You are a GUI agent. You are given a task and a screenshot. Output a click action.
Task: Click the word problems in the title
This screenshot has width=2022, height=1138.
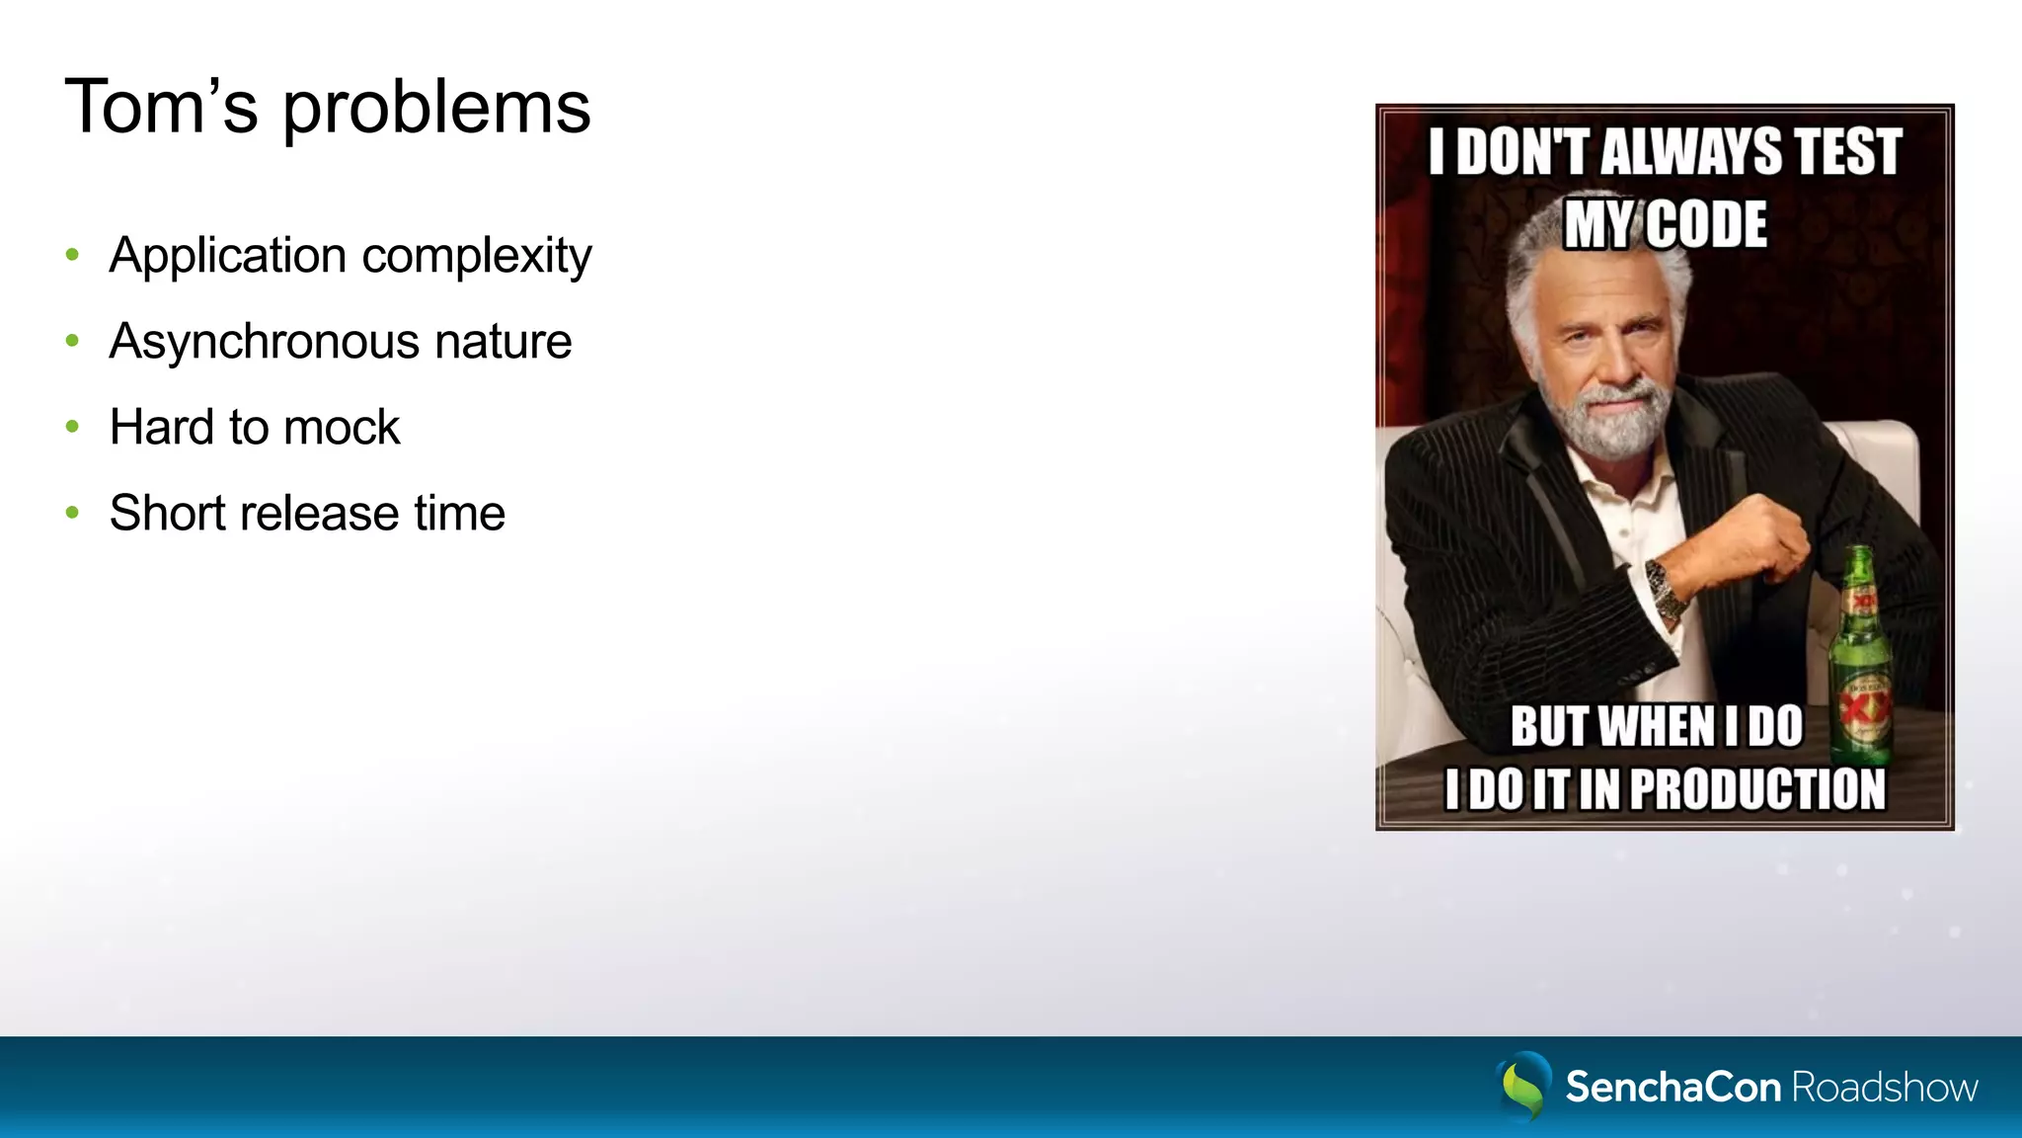click(436, 109)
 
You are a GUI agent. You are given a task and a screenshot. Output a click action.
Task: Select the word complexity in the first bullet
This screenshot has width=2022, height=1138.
click(477, 256)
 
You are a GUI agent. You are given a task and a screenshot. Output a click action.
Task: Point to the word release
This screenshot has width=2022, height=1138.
click(318, 514)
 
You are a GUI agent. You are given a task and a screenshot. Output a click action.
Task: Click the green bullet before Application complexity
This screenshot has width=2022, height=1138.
click(72, 255)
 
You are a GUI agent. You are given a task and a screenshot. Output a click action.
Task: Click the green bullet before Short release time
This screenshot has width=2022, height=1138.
click(72, 513)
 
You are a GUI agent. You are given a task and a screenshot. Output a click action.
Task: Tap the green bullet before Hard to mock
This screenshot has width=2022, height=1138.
click(72, 427)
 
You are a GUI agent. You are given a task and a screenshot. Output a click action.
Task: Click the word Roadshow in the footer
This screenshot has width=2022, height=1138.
click(1884, 1088)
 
